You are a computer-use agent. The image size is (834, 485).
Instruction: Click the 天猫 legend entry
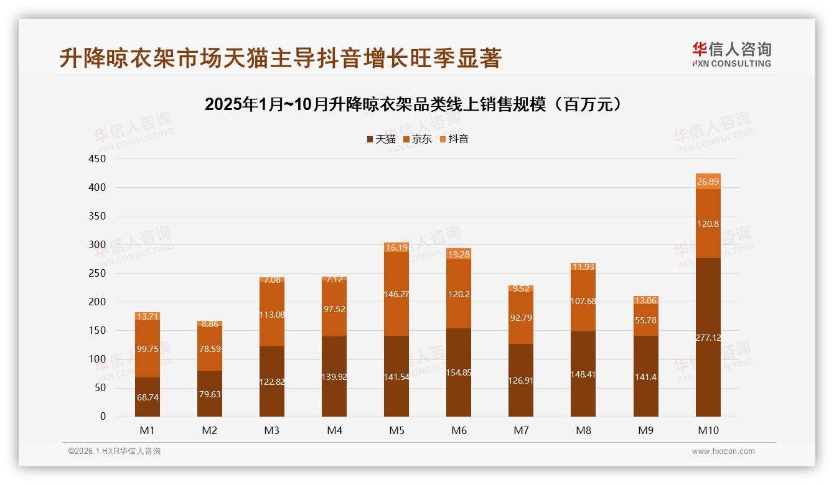(381, 139)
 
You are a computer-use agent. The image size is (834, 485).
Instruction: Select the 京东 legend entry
(418, 139)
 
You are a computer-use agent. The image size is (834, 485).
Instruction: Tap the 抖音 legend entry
(454, 139)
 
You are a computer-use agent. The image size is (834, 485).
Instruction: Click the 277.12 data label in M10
(708, 338)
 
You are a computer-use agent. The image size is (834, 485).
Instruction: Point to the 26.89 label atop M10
(708, 182)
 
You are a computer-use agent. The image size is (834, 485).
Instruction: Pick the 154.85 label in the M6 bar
(459, 372)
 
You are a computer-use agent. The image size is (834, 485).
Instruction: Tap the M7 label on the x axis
(521, 430)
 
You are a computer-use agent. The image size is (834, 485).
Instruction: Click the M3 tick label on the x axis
(272, 430)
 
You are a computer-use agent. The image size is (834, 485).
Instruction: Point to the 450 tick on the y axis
(98, 159)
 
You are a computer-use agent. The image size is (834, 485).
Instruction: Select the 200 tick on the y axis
(98, 302)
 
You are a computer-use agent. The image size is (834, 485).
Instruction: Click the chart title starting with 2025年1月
(413, 104)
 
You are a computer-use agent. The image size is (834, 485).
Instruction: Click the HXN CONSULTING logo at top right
(731, 55)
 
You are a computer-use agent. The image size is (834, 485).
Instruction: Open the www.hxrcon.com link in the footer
(723, 451)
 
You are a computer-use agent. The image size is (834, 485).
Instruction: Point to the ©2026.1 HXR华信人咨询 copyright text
(115, 451)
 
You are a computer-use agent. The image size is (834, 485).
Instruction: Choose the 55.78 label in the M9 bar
(645, 320)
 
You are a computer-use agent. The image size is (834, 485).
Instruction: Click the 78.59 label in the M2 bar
(210, 349)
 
